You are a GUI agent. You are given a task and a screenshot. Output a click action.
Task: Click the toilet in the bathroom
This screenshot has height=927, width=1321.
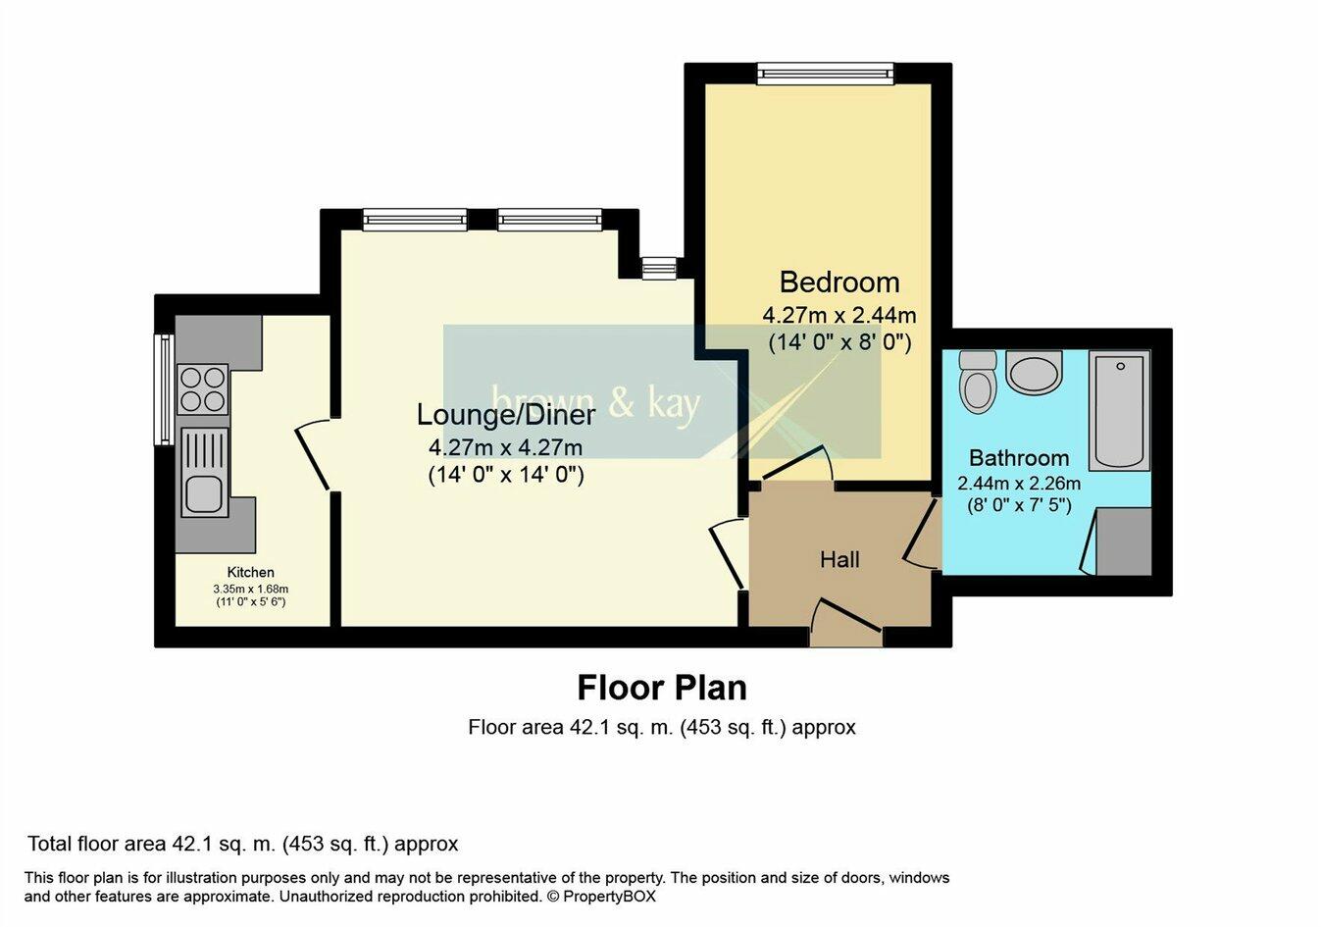click(x=978, y=382)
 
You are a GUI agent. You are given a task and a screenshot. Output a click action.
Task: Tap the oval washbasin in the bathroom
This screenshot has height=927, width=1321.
click(x=1034, y=374)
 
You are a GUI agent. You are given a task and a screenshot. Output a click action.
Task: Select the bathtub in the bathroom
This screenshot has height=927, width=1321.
click(x=1118, y=411)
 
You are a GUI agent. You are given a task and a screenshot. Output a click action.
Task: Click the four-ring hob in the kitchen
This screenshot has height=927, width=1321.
click(x=202, y=388)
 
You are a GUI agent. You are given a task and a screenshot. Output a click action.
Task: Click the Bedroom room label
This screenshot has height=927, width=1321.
click(x=838, y=283)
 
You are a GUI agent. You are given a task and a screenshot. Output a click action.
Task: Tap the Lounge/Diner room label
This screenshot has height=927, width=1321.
click(x=505, y=415)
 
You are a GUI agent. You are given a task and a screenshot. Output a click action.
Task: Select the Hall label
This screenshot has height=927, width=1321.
click(x=839, y=559)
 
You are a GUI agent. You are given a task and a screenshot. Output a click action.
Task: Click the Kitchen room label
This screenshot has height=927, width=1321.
click(x=251, y=572)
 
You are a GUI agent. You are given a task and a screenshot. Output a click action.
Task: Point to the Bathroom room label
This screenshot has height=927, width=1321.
click(x=1018, y=458)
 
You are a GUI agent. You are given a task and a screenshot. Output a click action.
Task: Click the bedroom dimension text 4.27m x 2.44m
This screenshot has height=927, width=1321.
click(x=838, y=316)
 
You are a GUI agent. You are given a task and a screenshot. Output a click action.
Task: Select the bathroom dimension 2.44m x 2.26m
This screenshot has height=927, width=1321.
click(x=1018, y=484)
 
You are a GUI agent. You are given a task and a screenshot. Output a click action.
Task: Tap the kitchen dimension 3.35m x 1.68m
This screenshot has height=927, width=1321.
click(x=251, y=589)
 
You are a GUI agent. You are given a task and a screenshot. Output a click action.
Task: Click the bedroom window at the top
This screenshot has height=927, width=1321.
click(x=825, y=74)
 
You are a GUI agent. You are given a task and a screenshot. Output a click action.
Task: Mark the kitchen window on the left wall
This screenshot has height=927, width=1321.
click(x=164, y=389)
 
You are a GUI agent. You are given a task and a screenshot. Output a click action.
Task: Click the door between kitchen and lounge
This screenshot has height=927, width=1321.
click(x=314, y=454)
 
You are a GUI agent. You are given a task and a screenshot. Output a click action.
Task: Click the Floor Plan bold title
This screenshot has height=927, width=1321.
click(x=661, y=688)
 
